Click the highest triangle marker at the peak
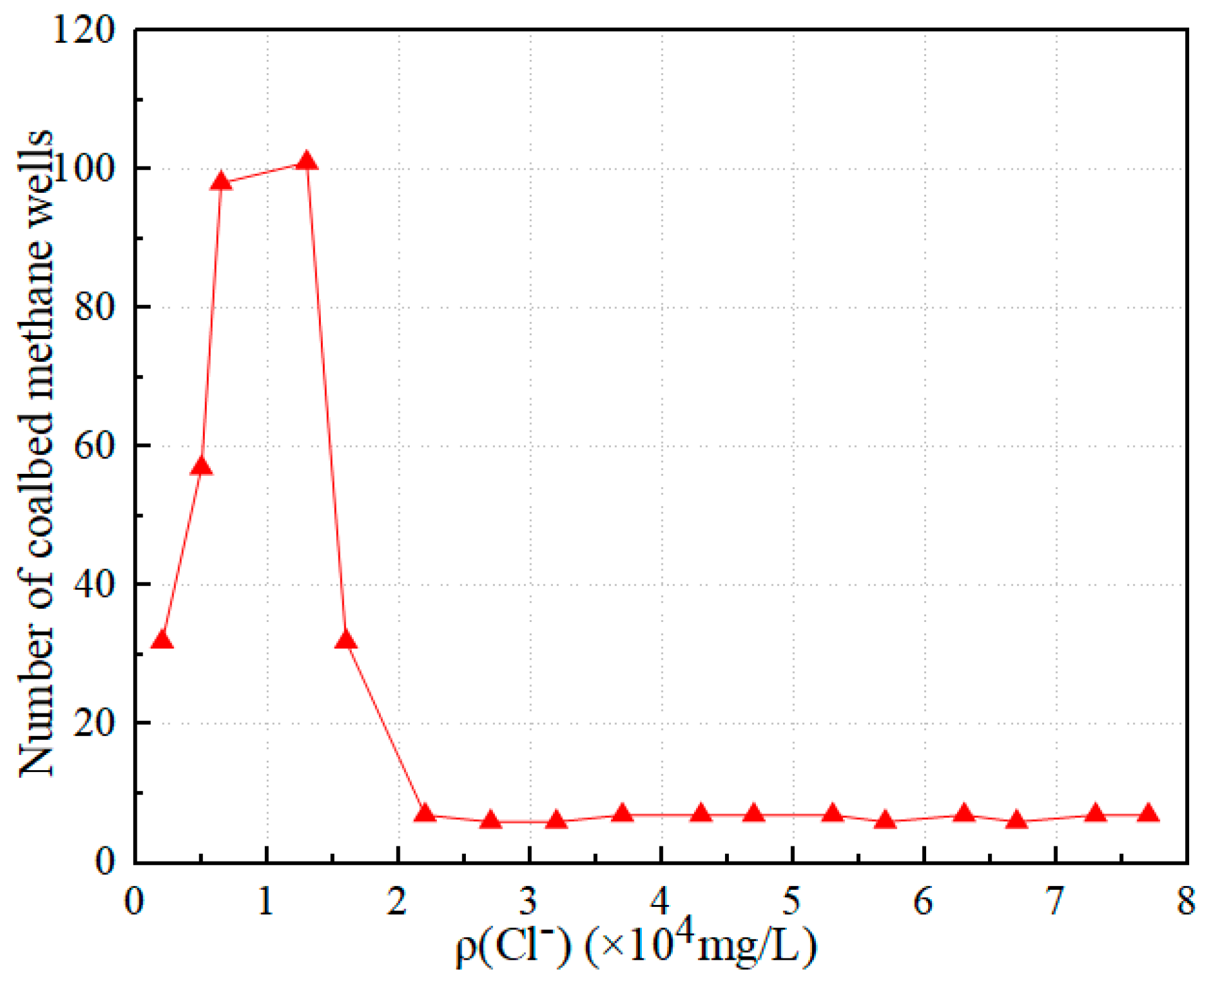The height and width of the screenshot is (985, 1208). pyautogui.click(x=306, y=161)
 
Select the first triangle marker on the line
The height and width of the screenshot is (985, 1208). pyautogui.click(x=162, y=640)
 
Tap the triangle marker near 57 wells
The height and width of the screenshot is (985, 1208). pyautogui.click(x=202, y=466)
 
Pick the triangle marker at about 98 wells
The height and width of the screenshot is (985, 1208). pyautogui.click(x=221, y=181)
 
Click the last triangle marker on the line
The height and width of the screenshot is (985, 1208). pyautogui.click(x=1148, y=813)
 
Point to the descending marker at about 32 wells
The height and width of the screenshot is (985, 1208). pyautogui.click(x=346, y=640)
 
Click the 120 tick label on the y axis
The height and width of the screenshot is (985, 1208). pyautogui.click(x=84, y=30)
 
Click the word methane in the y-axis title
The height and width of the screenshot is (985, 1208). pyautogui.click(x=36, y=328)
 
